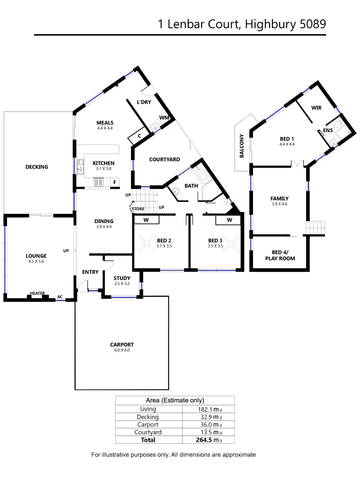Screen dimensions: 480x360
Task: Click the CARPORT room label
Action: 122,344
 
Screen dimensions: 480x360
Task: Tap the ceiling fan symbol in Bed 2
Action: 146,242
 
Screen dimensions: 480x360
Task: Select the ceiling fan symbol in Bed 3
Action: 230,242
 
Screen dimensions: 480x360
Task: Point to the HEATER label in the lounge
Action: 37,293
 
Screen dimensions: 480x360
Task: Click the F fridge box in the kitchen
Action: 115,182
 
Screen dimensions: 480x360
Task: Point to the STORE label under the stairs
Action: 137,208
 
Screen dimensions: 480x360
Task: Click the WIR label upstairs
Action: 316,108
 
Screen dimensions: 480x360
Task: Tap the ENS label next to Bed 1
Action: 328,130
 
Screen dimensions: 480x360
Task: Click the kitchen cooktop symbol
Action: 98,182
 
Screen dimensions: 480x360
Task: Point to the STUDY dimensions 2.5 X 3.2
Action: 121,284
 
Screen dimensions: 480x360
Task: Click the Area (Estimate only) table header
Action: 175,400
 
